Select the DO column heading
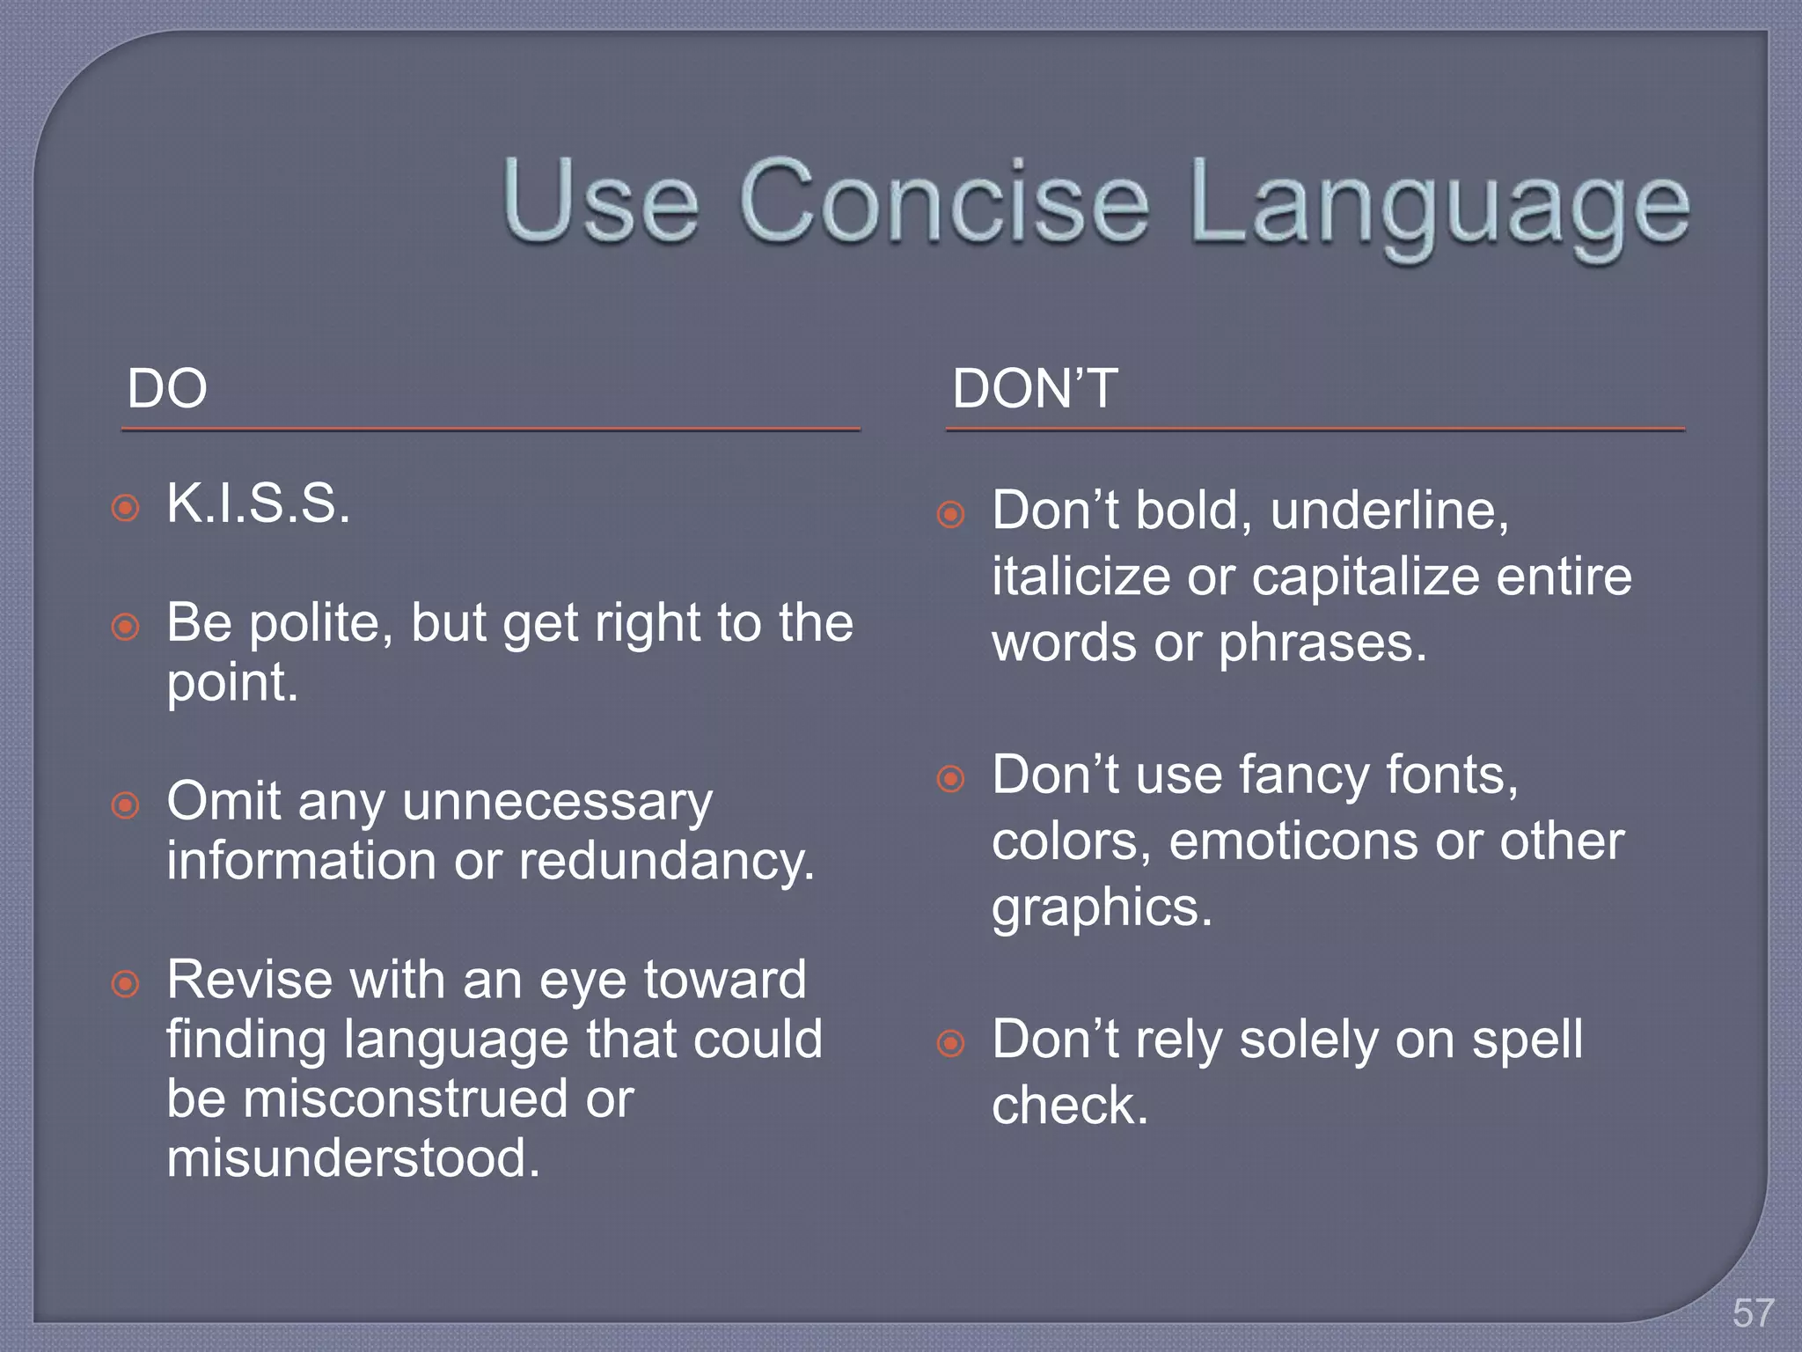pyautogui.click(x=167, y=388)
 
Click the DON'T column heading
pyautogui.click(x=1035, y=388)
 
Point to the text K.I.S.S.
pyautogui.click(x=259, y=504)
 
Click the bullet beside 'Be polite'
pyautogui.click(x=126, y=627)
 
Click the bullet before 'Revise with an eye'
pyautogui.click(x=126, y=983)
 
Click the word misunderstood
pyautogui.click(x=354, y=1158)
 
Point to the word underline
pyautogui.click(x=1389, y=510)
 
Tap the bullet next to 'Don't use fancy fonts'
pyautogui.click(x=950, y=778)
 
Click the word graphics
pyautogui.click(x=1102, y=908)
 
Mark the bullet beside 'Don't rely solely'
pyautogui.click(x=950, y=1044)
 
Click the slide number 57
pyautogui.click(x=1753, y=1313)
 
